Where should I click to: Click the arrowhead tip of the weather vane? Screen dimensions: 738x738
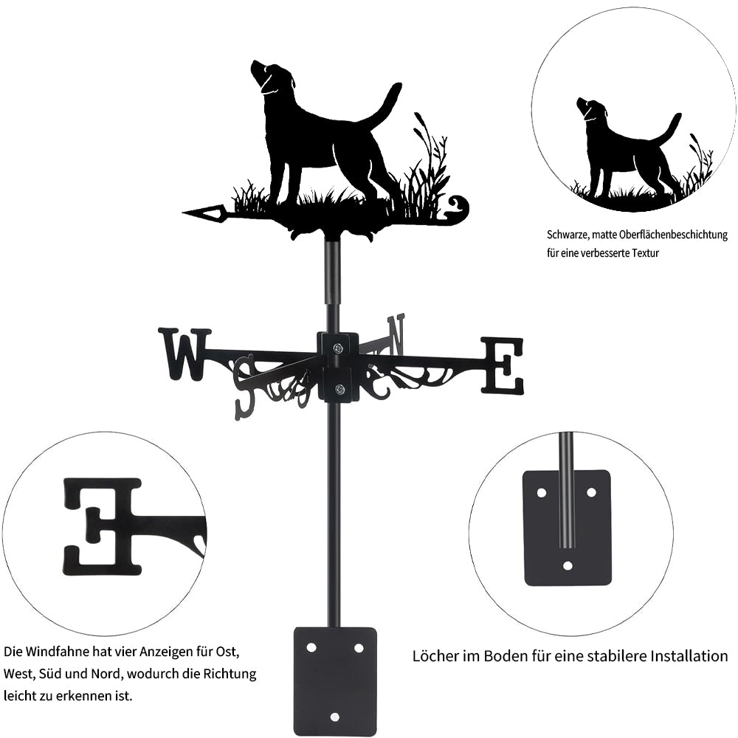click(x=183, y=213)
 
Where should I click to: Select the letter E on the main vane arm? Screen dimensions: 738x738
click(x=502, y=365)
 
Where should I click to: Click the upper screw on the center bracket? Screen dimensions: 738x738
click(x=338, y=348)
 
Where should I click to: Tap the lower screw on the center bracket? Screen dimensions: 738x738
click(x=339, y=389)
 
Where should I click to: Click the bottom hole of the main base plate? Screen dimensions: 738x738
click(x=334, y=717)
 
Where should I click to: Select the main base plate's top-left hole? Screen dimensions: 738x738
click(x=311, y=648)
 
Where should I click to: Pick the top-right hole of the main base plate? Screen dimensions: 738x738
click(x=359, y=649)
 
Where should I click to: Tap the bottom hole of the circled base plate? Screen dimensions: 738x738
click(x=568, y=565)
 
